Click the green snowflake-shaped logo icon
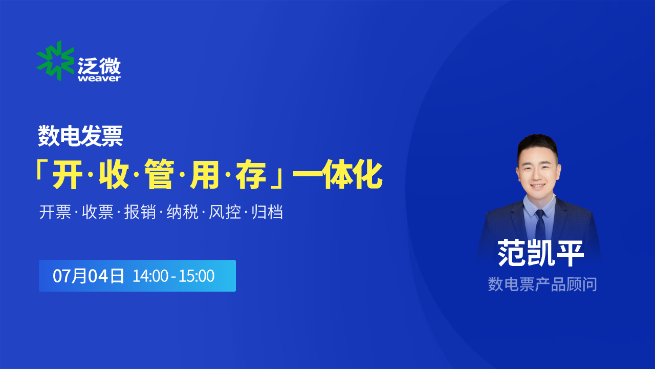pos(55,60)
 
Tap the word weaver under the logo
pos(99,78)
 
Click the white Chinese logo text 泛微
pos(99,65)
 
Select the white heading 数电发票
pos(80,136)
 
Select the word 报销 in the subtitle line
pos(140,212)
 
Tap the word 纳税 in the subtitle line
pos(183,212)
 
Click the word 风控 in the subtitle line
pos(225,212)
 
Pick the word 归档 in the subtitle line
pos(267,212)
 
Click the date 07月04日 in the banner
pos(89,276)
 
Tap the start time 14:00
pos(150,276)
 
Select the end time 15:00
pos(196,276)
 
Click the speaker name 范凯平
pos(541,253)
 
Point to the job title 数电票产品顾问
pos(542,284)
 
